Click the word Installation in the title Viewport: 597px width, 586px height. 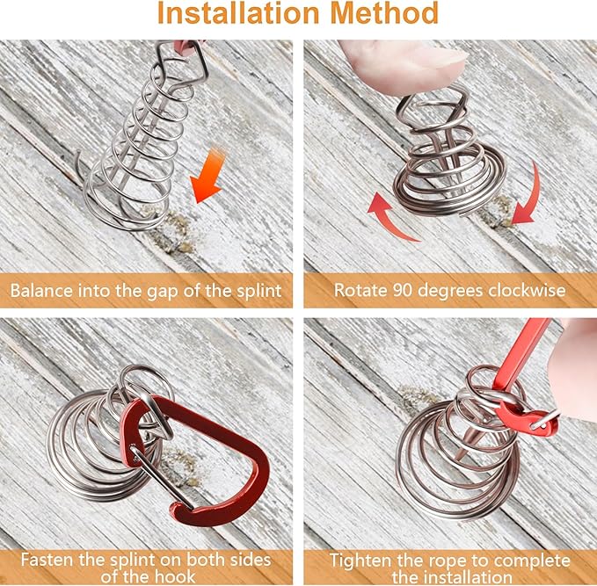(238, 13)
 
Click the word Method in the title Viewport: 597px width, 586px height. (384, 13)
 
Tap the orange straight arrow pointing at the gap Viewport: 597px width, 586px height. (207, 176)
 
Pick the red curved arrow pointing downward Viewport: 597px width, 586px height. (529, 194)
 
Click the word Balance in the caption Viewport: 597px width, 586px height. (41, 291)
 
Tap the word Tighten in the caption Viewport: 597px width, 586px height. (358, 561)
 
